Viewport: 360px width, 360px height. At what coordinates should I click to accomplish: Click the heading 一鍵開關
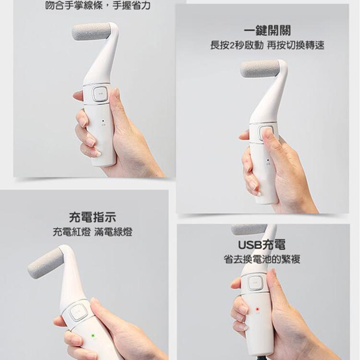click(267, 30)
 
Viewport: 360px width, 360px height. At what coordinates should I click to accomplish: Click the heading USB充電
click(262, 245)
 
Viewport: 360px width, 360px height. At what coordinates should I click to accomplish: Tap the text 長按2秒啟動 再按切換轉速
click(267, 46)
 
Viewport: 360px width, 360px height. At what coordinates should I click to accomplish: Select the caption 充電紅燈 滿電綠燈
click(93, 233)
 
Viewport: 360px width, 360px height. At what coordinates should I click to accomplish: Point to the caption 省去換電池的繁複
click(262, 260)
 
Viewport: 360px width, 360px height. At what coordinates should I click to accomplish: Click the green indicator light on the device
click(91, 335)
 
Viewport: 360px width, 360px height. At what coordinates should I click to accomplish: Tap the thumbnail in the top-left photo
click(116, 92)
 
